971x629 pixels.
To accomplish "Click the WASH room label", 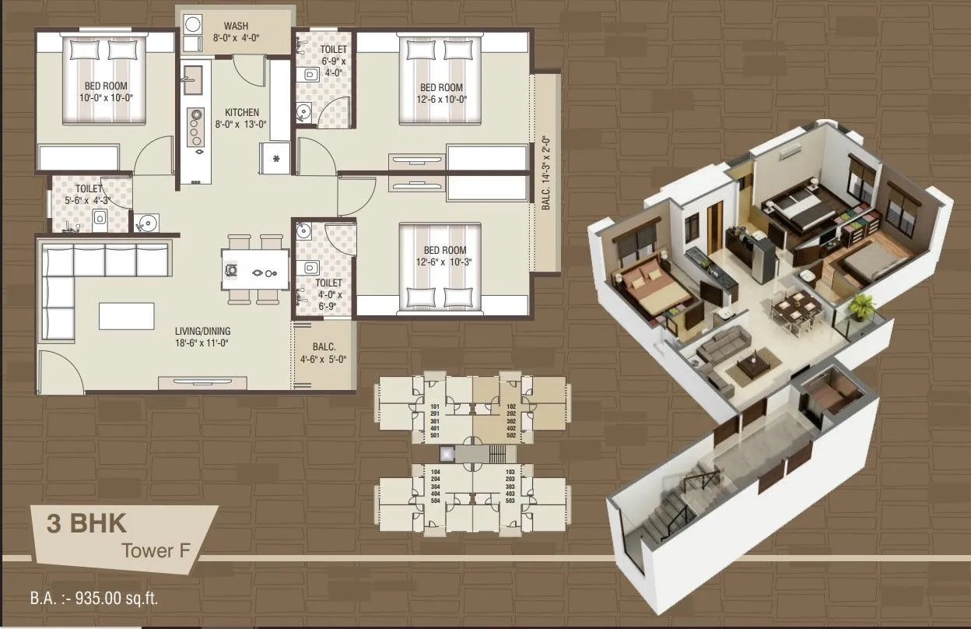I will coord(236,26).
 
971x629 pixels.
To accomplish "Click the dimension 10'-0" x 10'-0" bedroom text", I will coord(106,97).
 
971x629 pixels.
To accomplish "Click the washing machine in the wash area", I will coord(193,23).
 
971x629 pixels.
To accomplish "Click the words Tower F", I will coord(159,550).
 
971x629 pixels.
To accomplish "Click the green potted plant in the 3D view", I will coord(861,307).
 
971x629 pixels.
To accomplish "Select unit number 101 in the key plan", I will coord(434,406).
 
